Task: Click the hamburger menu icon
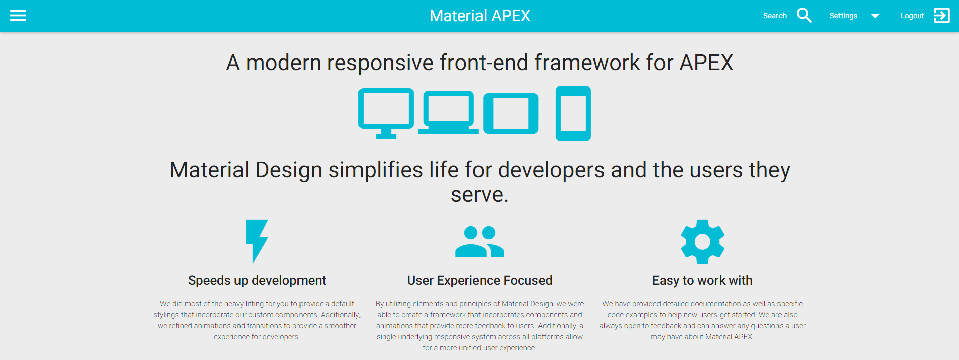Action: coord(18,16)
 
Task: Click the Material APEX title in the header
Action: coord(479,16)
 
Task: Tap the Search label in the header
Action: coord(774,16)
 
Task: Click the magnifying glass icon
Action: coord(804,15)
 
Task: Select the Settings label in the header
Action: coord(843,16)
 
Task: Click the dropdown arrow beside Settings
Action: coord(875,16)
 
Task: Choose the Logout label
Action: coord(912,16)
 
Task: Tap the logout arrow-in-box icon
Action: coord(942,16)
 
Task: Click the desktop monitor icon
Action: coord(386,113)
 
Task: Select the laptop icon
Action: coord(449,112)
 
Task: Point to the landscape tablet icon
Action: coord(511,113)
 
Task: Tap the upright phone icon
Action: coord(573,113)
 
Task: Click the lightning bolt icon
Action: coord(257,241)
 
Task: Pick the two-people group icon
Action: coord(479,242)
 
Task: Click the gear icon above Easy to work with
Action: coord(702,242)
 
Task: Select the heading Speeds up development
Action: coord(257,280)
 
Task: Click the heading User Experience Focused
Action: coord(479,280)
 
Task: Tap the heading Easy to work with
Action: coord(702,280)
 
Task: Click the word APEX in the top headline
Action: coord(706,63)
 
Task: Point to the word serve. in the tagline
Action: coord(479,195)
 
